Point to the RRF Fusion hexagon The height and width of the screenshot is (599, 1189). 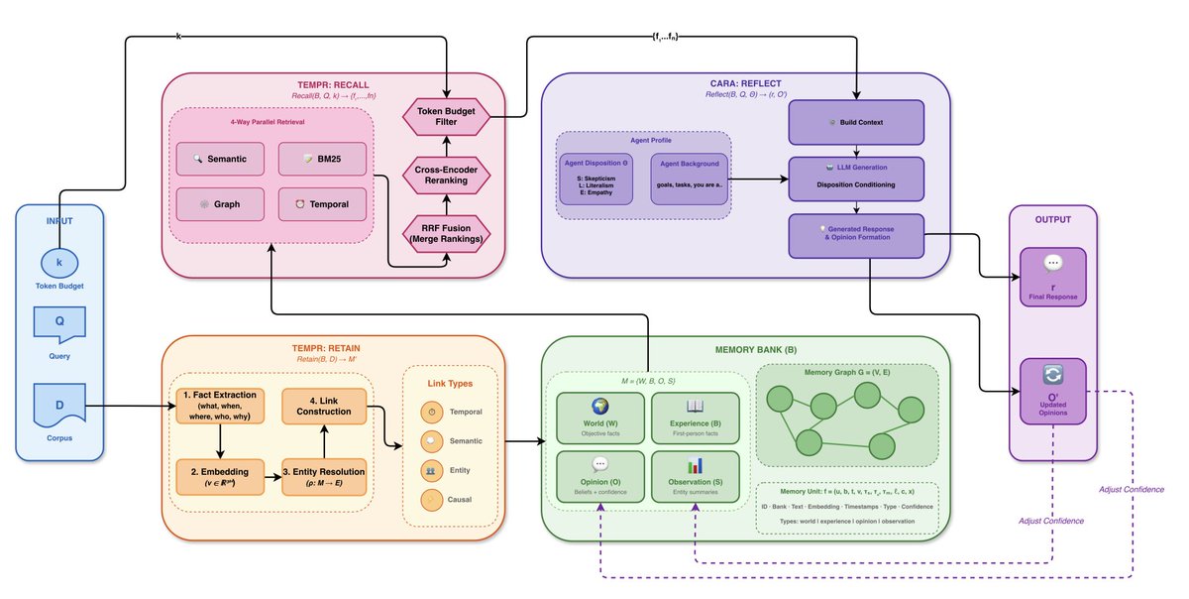(447, 234)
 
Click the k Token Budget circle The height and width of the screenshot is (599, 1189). (59, 263)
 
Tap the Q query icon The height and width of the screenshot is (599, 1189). (59, 324)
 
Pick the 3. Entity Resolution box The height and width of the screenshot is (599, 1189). (323, 476)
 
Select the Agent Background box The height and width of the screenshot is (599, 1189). (690, 179)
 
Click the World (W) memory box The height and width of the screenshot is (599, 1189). (598, 417)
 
